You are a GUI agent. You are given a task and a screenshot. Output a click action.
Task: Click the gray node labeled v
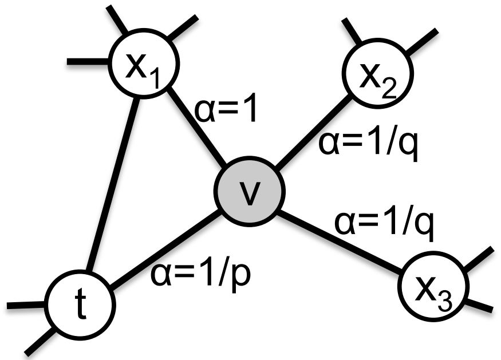point(249,191)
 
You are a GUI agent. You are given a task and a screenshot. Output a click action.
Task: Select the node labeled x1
point(144,64)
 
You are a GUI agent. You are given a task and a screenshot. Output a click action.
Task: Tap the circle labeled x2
point(378,74)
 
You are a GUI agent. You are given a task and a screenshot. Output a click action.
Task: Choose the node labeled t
point(80,304)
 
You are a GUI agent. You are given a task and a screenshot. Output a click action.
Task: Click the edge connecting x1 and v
point(197,126)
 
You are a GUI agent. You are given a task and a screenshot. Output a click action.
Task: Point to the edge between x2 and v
point(313,132)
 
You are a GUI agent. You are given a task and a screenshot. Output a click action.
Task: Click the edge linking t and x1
point(113,185)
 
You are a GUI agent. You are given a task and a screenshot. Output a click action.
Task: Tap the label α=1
point(226,110)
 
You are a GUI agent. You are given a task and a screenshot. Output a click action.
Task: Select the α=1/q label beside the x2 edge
point(368,144)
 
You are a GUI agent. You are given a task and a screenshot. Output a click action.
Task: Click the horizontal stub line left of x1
point(88,61)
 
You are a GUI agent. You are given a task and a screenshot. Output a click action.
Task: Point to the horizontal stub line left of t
point(26,306)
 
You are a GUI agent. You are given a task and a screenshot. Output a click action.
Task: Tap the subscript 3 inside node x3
point(444,302)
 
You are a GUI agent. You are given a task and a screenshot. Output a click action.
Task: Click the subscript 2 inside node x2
point(389,89)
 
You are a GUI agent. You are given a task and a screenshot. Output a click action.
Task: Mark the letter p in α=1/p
point(242,278)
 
